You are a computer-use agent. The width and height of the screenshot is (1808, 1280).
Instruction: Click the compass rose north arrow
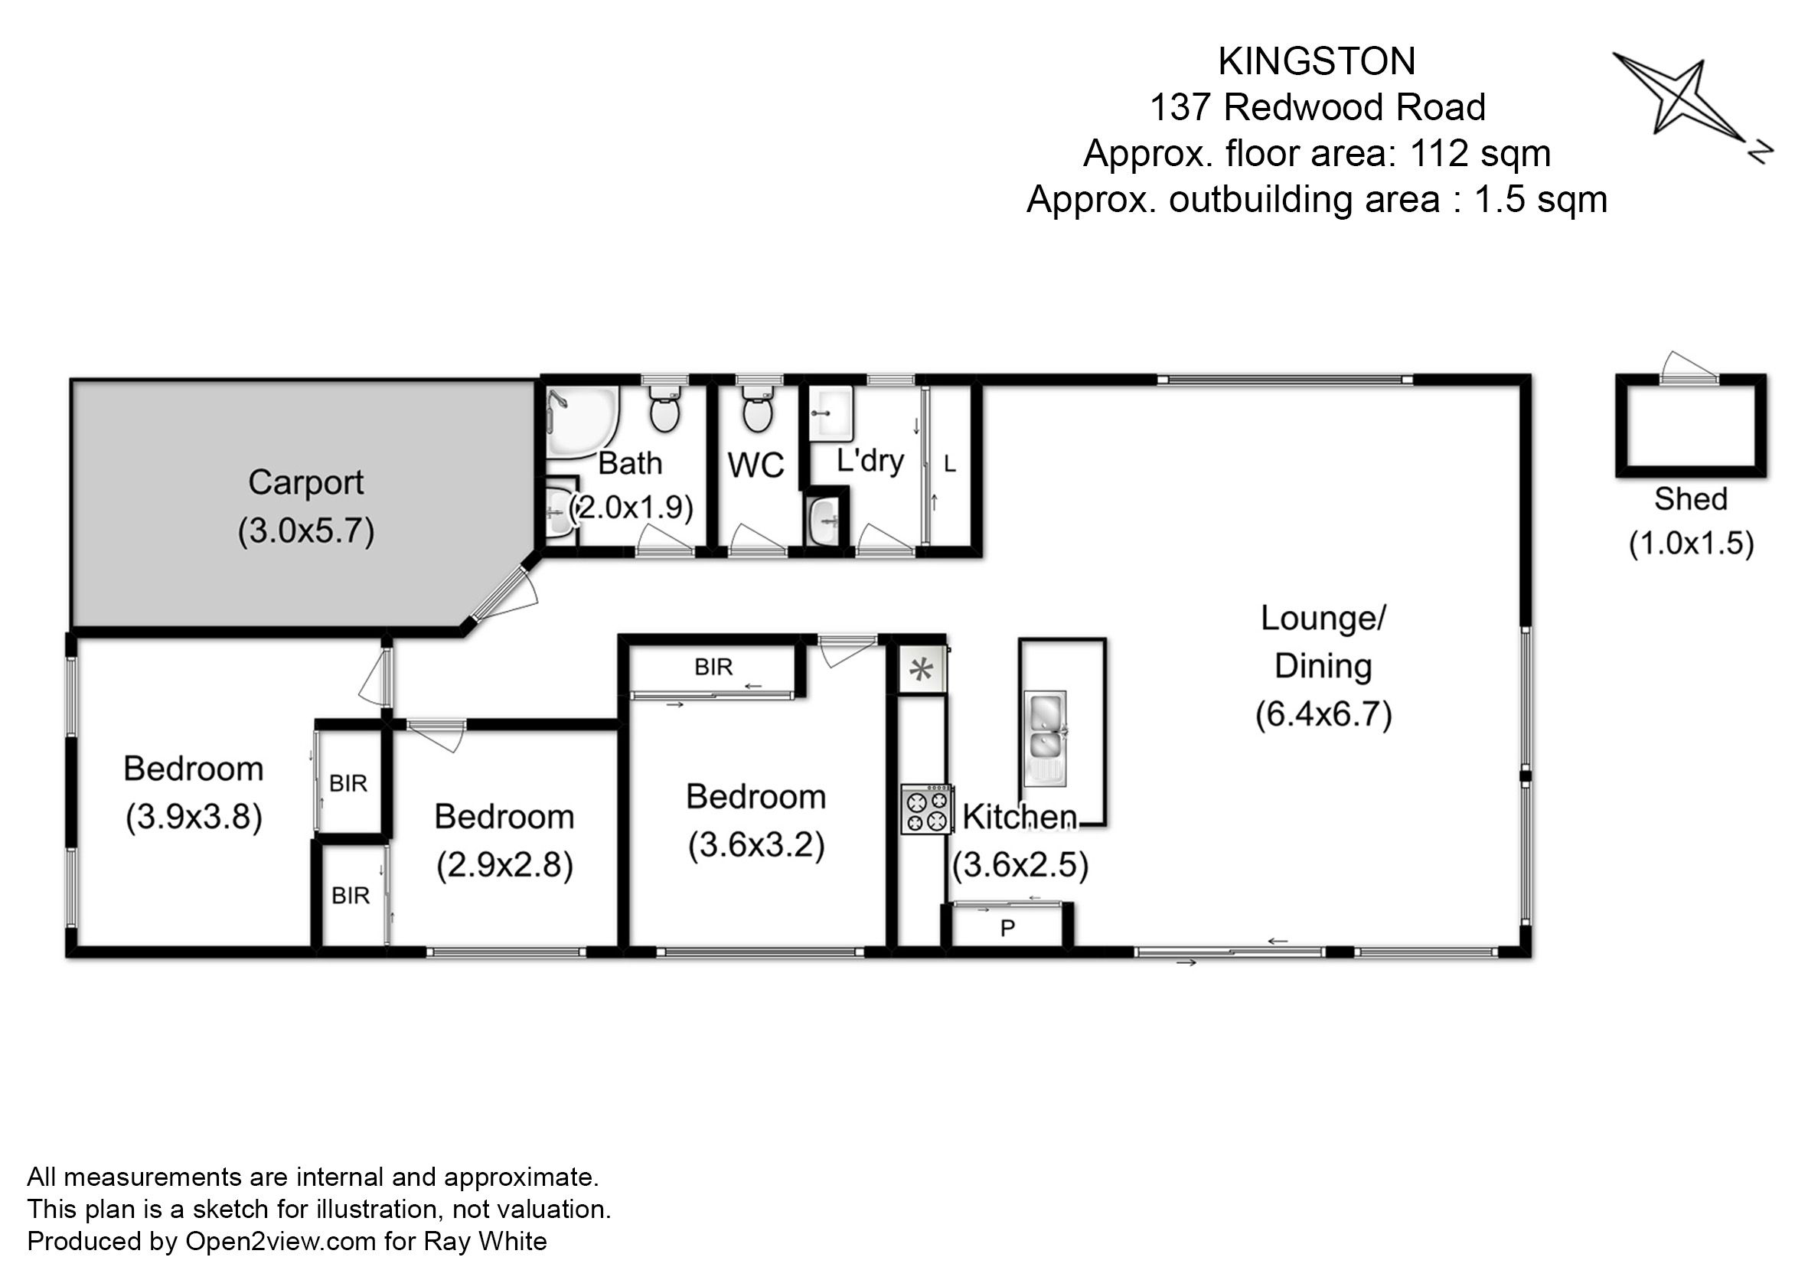click(1692, 103)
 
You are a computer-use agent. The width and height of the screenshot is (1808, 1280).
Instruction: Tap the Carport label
click(306, 482)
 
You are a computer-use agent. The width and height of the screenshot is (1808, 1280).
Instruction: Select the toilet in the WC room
click(757, 407)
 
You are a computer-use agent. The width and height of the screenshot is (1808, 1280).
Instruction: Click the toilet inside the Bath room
click(664, 407)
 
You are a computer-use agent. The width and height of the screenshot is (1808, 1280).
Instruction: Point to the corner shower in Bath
click(582, 423)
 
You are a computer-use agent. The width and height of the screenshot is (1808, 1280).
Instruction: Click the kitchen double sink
click(1045, 740)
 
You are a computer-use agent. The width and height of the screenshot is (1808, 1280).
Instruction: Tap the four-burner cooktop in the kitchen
click(927, 809)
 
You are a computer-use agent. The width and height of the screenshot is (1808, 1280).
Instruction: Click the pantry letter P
click(1007, 929)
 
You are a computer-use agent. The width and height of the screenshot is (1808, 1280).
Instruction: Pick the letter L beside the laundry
click(950, 464)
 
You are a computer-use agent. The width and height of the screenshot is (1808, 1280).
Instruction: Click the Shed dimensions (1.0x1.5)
click(1692, 543)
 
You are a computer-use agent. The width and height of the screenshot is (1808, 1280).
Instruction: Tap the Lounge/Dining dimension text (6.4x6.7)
click(1323, 714)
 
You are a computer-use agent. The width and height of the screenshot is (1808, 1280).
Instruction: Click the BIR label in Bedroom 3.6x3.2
click(713, 668)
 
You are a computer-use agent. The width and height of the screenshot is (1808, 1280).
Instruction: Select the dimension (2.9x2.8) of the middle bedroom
click(504, 865)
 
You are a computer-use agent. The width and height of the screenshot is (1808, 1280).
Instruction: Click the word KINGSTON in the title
click(1317, 61)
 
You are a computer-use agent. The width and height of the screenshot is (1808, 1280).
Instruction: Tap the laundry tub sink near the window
click(831, 413)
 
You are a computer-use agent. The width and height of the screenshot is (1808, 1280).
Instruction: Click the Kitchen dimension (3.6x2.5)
click(1020, 865)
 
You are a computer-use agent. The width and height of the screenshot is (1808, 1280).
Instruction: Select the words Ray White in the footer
click(485, 1242)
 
